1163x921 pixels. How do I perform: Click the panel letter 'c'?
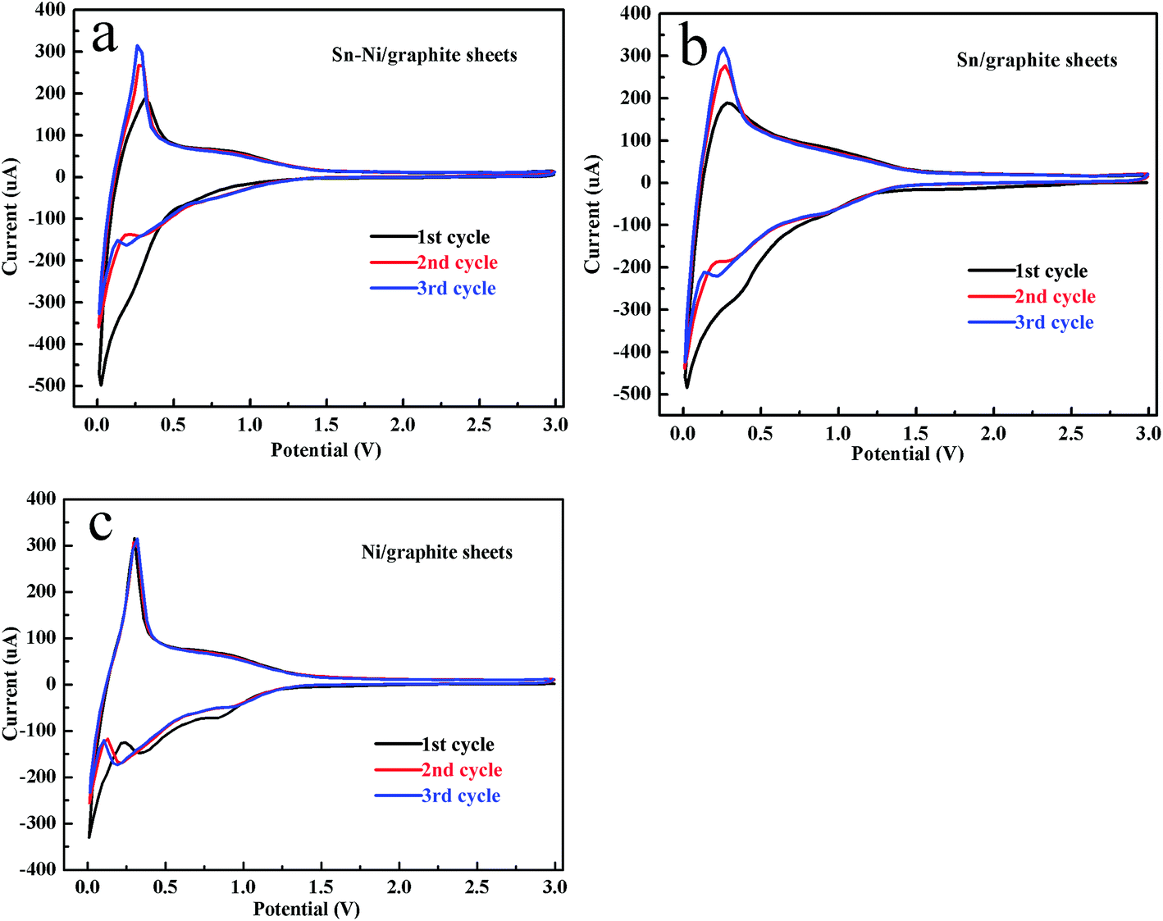pyautogui.click(x=100, y=525)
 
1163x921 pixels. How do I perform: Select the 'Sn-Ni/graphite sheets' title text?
pyautogui.click(x=424, y=55)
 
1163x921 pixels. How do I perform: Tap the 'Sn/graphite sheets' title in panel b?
pyautogui.click(x=1037, y=60)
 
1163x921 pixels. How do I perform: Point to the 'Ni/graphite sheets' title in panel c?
pyautogui.click(x=436, y=552)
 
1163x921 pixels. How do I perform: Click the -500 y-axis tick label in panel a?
pyautogui.click(x=47, y=385)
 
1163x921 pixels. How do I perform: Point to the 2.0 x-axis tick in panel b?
pyautogui.click(x=993, y=433)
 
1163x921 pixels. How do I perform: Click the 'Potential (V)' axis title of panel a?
pyautogui.click(x=326, y=449)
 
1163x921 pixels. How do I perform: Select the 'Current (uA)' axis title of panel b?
pyautogui.click(x=591, y=215)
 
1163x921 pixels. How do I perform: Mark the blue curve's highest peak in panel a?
pyautogui.click(x=137, y=46)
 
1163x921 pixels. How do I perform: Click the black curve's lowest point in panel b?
pyautogui.click(x=686, y=386)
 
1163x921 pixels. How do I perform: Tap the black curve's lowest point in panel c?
pyautogui.click(x=89, y=837)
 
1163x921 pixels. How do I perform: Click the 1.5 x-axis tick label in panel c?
pyautogui.click(x=321, y=887)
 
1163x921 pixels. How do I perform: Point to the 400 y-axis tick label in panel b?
pyautogui.click(x=635, y=13)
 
